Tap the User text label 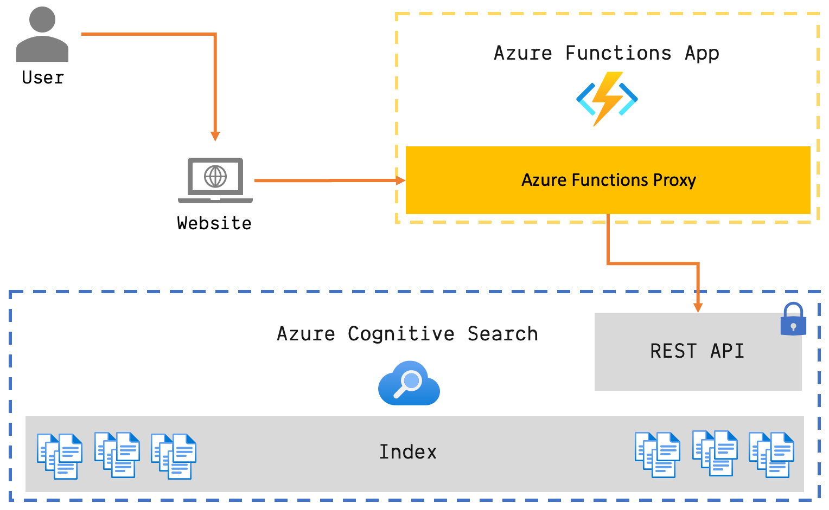[43, 78]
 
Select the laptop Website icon [215, 180]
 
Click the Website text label [214, 223]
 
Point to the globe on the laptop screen [215, 176]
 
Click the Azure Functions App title [606, 53]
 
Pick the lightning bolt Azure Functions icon [607, 99]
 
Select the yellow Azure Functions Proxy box [608, 180]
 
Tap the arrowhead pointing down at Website [215, 135]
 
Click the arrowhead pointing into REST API [698, 307]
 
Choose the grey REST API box [698, 351]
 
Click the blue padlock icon [793, 319]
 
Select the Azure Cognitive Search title [407, 334]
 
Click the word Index [407, 452]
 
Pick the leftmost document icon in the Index [60, 456]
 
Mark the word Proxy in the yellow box [674, 180]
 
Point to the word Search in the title [502, 334]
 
